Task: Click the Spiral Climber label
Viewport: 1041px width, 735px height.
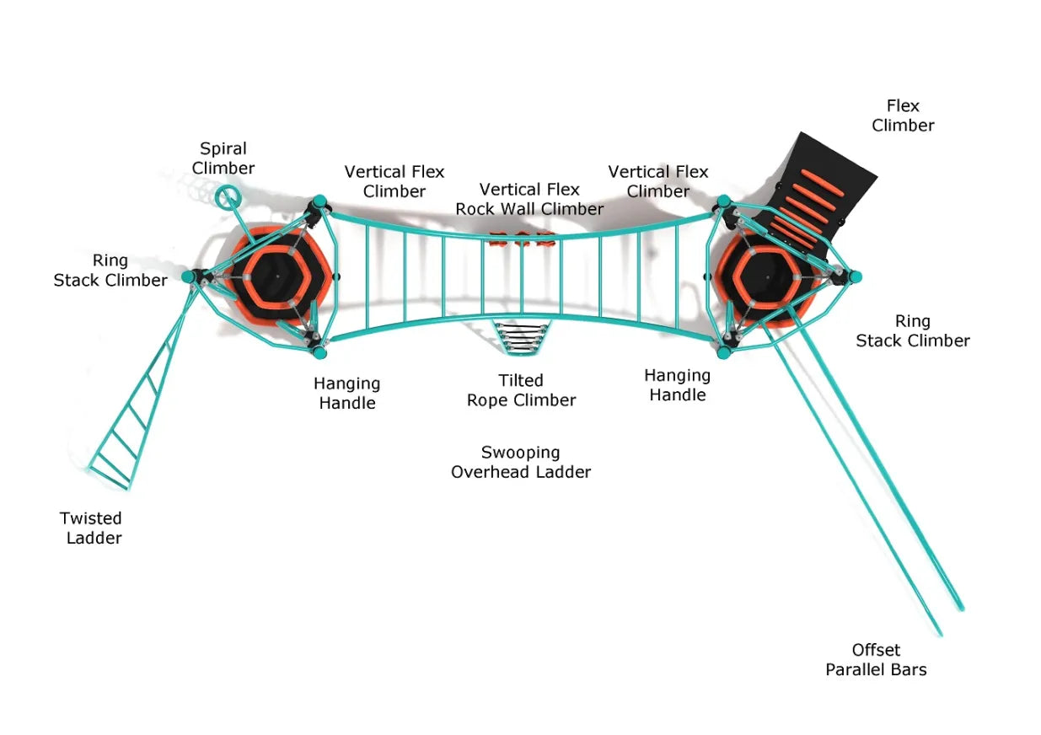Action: tap(223, 158)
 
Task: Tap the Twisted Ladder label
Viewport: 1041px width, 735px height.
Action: tap(91, 528)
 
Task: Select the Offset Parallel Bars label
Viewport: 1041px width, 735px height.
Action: tap(876, 660)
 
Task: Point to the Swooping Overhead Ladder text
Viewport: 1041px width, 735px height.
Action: tap(521, 462)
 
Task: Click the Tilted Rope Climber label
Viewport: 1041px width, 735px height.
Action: tap(521, 390)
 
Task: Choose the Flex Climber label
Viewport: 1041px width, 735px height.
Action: tap(903, 115)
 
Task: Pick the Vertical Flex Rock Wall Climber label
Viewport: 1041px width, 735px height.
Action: tap(529, 199)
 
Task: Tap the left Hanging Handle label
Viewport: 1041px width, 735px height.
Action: tap(346, 393)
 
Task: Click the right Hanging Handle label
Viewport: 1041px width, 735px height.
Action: tap(677, 384)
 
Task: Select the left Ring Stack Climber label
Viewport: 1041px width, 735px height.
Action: tap(110, 270)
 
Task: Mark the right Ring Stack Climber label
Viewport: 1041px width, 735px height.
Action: tap(913, 330)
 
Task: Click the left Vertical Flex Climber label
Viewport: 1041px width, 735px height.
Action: tap(394, 181)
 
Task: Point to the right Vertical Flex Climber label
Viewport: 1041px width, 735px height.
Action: tap(658, 181)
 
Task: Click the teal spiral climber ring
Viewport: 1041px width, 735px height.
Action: tap(225, 197)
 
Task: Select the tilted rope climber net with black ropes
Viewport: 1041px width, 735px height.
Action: tap(521, 339)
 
